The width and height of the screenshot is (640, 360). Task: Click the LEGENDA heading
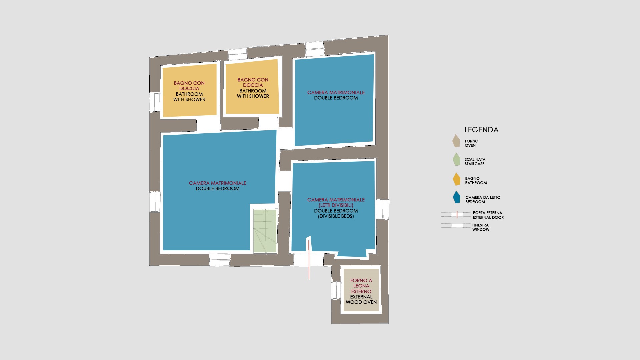(x=481, y=130)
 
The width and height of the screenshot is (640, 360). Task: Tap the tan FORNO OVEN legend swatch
(x=456, y=141)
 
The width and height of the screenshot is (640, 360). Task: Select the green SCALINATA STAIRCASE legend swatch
(x=456, y=159)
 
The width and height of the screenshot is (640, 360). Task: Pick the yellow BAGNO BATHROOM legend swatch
(x=456, y=179)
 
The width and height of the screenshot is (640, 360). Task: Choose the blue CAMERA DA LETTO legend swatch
(x=456, y=197)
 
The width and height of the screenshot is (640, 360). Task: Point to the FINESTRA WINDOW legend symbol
(x=456, y=226)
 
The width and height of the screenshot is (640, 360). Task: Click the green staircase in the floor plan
(x=265, y=231)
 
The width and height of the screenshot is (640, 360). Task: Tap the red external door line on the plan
(x=309, y=259)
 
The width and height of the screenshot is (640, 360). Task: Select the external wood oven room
(x=361, y=290)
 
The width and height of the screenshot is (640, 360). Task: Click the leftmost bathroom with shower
(x=189, y=90)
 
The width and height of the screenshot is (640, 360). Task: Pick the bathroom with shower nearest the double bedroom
(x=252, y=87)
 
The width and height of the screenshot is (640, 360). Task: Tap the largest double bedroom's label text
(x=218, y=186)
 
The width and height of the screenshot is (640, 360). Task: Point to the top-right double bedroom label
(x=336, y=95)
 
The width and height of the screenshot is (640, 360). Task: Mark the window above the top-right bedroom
(x=315, y=49)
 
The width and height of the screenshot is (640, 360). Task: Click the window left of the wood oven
(x=336, y=290)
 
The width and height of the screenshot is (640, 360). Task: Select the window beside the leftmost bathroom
(x=155, y=102)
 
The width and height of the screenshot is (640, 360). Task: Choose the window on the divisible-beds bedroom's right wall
(x=383, y=209)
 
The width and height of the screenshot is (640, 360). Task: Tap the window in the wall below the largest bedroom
(x=220, y=260)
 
